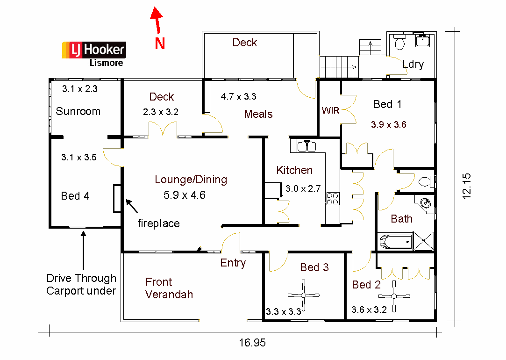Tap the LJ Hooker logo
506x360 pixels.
click(x=94, y=50)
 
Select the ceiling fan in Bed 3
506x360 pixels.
click(x=304, y=295)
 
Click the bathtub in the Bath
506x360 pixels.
click(x=395, y=242)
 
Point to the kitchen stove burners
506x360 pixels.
click(x=332, y=199)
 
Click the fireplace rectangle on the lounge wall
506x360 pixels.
click(x=117, y=199)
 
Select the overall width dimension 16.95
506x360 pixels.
click(x=252, y=343)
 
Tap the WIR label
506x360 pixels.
click(x=329, y=111)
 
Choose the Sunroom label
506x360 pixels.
click(x=78, y=111)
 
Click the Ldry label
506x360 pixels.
click(x=413, y=64)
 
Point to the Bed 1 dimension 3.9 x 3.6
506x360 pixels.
click(x=389, y=125)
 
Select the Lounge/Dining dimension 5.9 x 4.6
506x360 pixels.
click(x=185, y=194)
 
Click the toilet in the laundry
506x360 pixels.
click(x=399, y=44)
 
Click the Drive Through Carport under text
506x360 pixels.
click(x=81, y=284)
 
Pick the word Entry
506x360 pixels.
click(x=233, y=263)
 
